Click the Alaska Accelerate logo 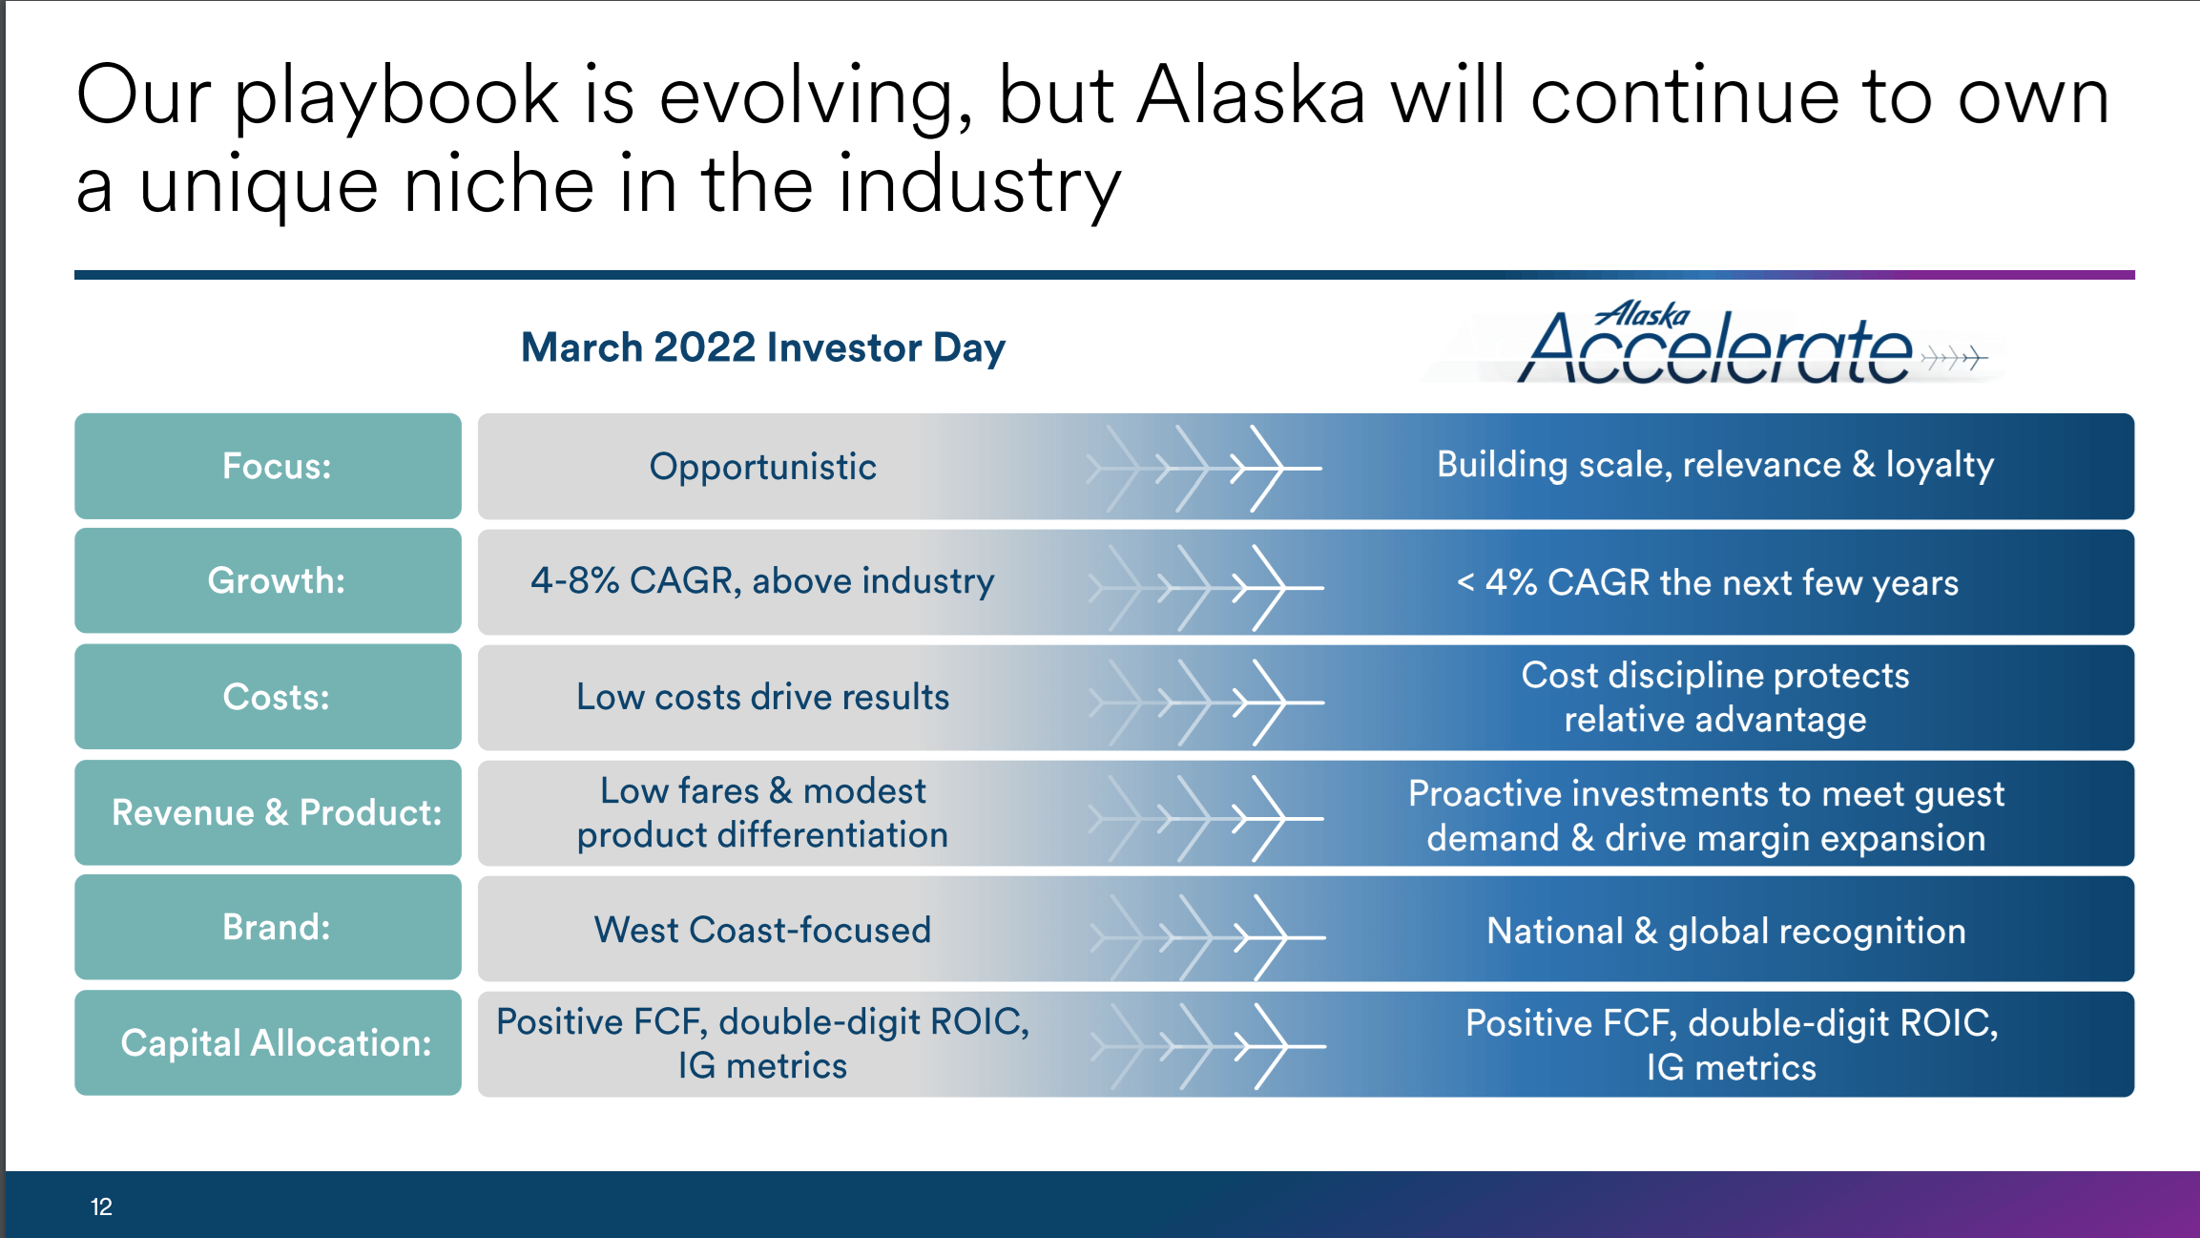point(1717,346)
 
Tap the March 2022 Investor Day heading point(762,347)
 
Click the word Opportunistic point(762,467)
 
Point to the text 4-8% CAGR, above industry point(762,581)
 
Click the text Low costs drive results point(762,697)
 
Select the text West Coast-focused point(762,930)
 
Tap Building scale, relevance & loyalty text point(1714,465)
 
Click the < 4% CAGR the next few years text point(1707,582)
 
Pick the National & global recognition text point(1725,931)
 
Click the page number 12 point(101,1207)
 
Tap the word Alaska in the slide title point(1251,95)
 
